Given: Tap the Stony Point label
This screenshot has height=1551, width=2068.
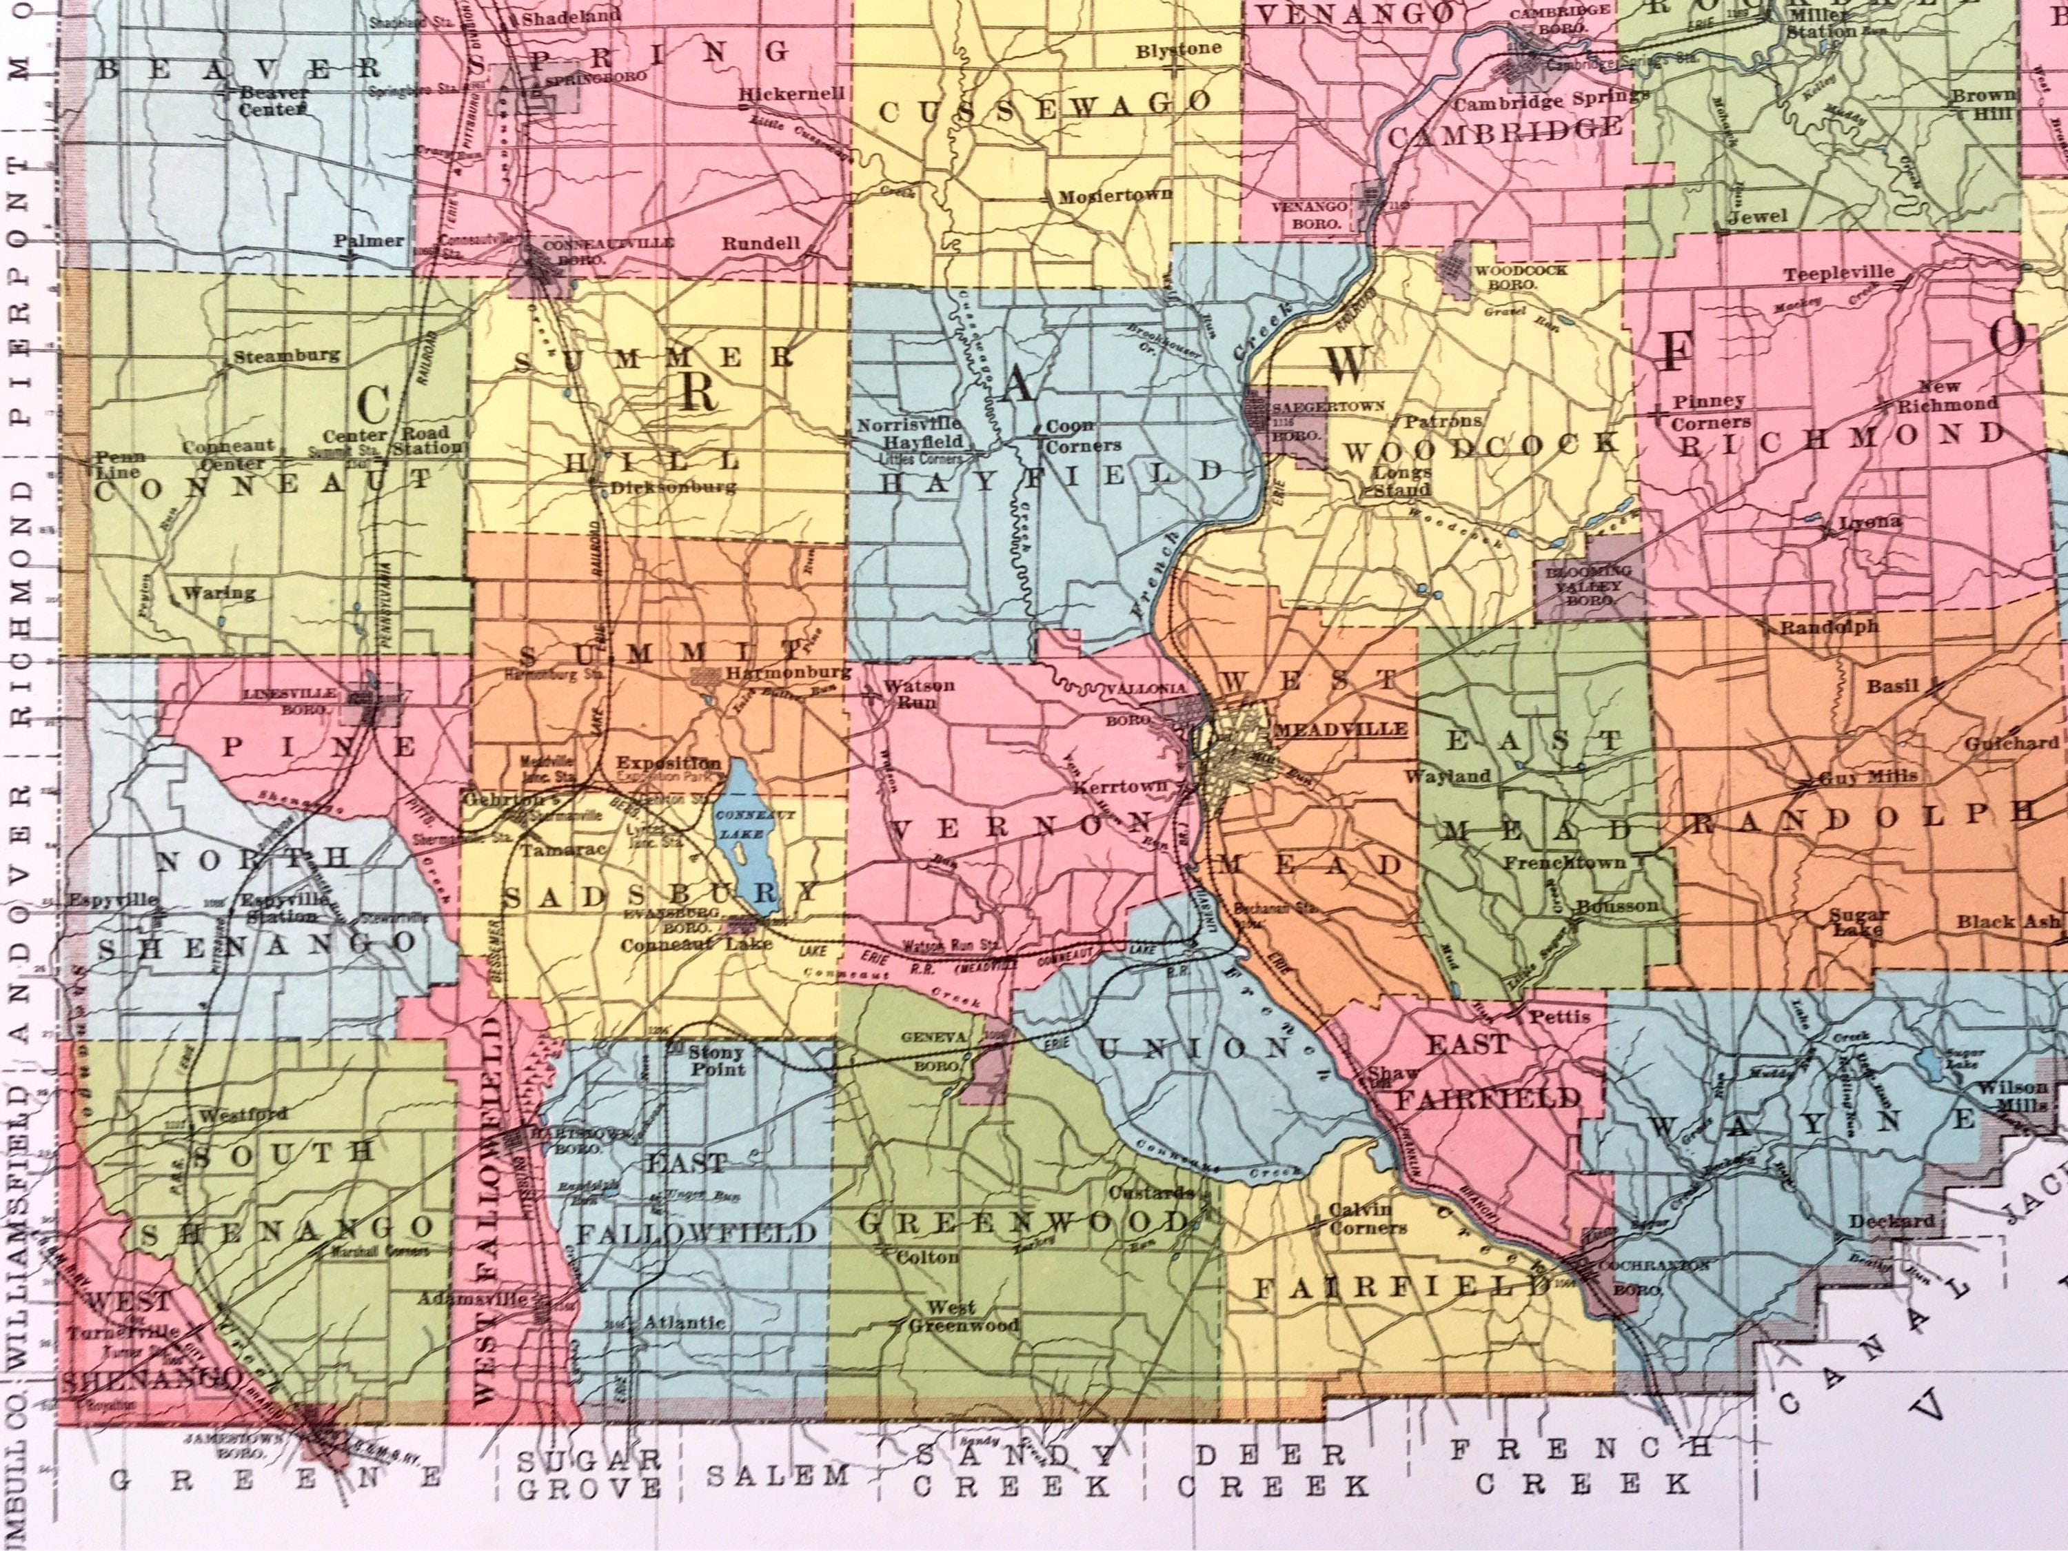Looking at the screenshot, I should coord(716,1060).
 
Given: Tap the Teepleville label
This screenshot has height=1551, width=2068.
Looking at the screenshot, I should coord(1838,274).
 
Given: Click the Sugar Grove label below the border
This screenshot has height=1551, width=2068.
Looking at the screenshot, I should coord(589,1472).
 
